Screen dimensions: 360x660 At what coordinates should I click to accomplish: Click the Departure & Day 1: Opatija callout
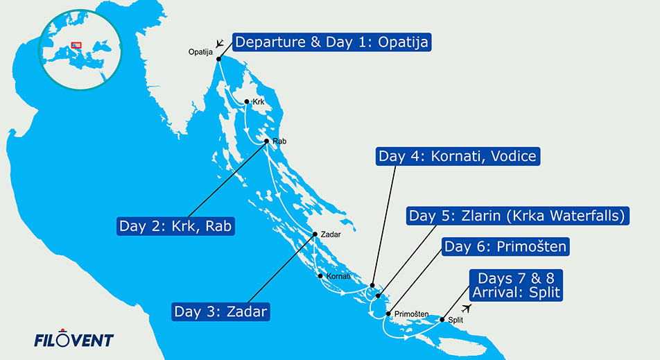[331, 42]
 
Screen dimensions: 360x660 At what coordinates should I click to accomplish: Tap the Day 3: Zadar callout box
[220, 311]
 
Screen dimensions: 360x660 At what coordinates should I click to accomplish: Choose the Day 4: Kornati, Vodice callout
[458, 156]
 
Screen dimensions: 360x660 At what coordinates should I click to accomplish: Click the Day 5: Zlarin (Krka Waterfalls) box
[516, 216]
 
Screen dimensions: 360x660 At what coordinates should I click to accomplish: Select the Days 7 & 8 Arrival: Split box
[515, 284]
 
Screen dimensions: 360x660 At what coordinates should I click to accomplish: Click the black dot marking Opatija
[219, 59]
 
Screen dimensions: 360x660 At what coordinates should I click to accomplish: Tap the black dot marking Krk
[247, 101]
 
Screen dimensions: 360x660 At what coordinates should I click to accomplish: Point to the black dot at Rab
[267, 141]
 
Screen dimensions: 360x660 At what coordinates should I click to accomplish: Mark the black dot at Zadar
[315, 234]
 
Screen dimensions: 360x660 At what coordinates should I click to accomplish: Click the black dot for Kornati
[320, 275]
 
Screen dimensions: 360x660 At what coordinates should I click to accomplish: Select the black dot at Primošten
[388, 314]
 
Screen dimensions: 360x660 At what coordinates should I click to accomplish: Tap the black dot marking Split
[442, 320]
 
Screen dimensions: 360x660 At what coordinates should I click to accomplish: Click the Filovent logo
[73, 340]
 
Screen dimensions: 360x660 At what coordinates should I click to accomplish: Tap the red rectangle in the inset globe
[77, 46]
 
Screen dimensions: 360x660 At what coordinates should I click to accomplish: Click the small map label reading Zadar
[329, 234]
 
